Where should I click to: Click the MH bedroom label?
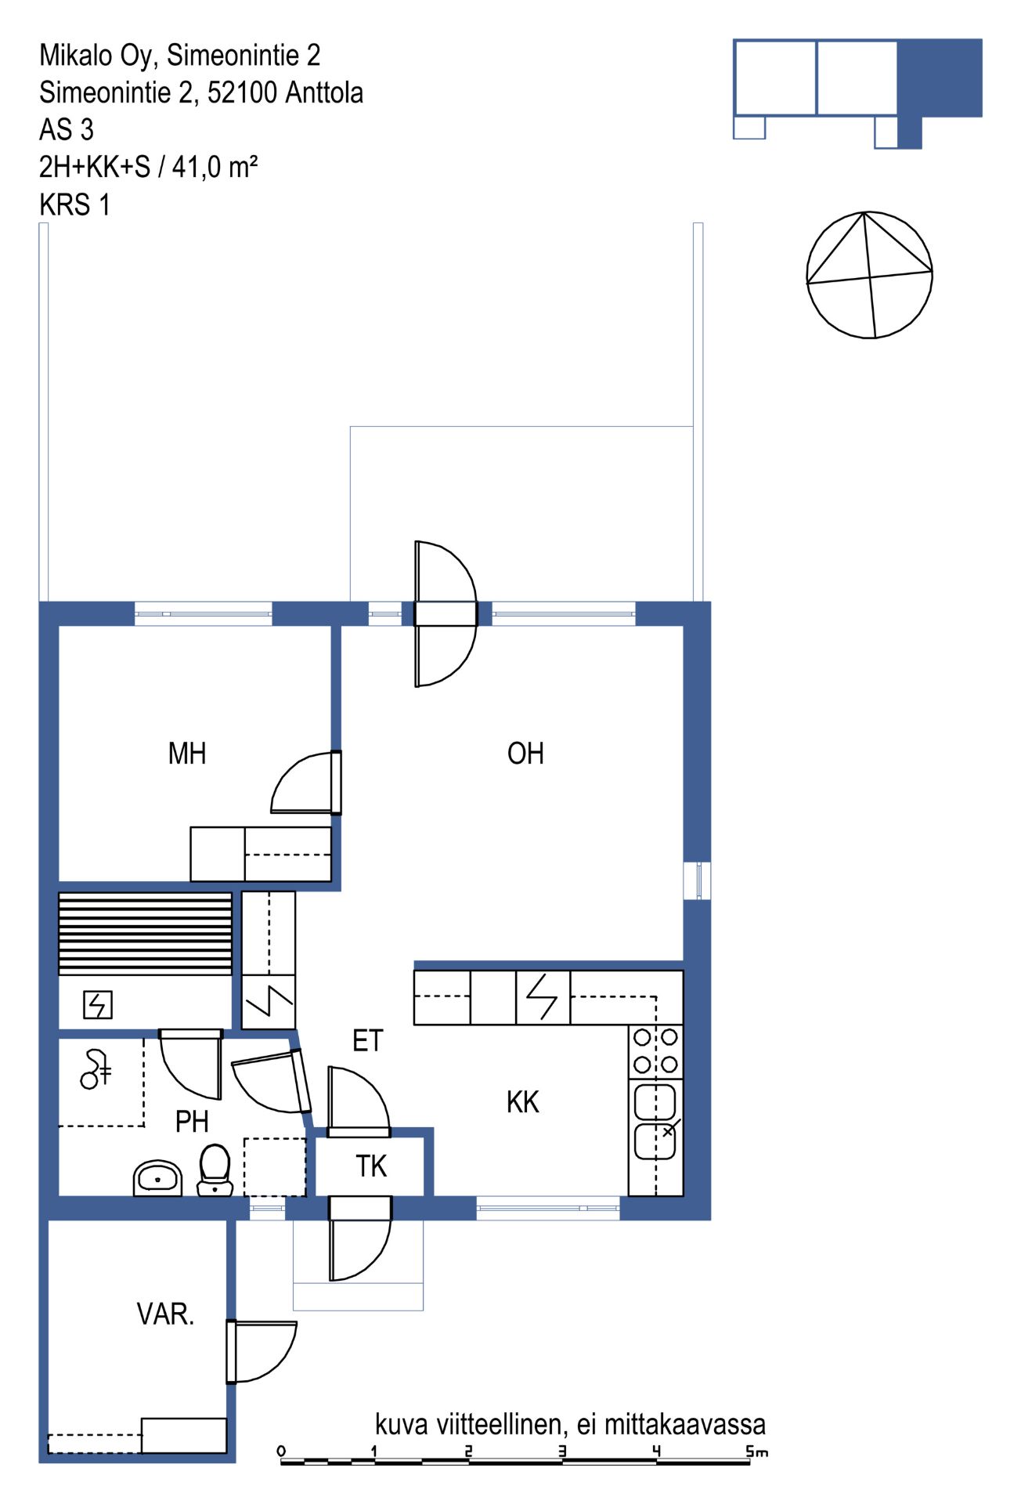pyautogui.click(x=187, y=754)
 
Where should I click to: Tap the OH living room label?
pyautogui.click(x=525, y=754)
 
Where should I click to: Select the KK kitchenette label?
pyautogui.click(x=523, y=1102)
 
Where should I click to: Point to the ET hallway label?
pyautogui.click(x=368, y=1040)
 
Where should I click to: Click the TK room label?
pyautogui.click(x=371, y=1166)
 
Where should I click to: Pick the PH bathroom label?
pyautogui.click(x=192, y=1122)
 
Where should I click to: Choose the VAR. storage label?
pyautogui.click(x=165, y=1314)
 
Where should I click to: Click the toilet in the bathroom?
pyautogui.click(x=215, y=1170)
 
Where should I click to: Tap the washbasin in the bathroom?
pyautogui.click(x=157, y=1178)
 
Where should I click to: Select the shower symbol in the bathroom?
pyautogui.click(x=96, y=1069)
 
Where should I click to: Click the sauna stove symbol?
pyautogui.click(x=98, y=1004)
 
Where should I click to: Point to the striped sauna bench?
pyautogui.click(x=146, y=934)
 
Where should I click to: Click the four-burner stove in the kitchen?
pyautogui.click(x=655, y=1051)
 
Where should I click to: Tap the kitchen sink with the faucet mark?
pyautogui.click(x=655, y=1121)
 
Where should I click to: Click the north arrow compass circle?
pyautogui.click(x=869, y=275)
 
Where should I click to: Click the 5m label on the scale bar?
pyautogui.click(x=756, y=1452)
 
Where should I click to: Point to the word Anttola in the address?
pyautogui.click(x=324, y=92)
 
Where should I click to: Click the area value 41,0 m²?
pyautogui.click(x=215, y=167)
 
